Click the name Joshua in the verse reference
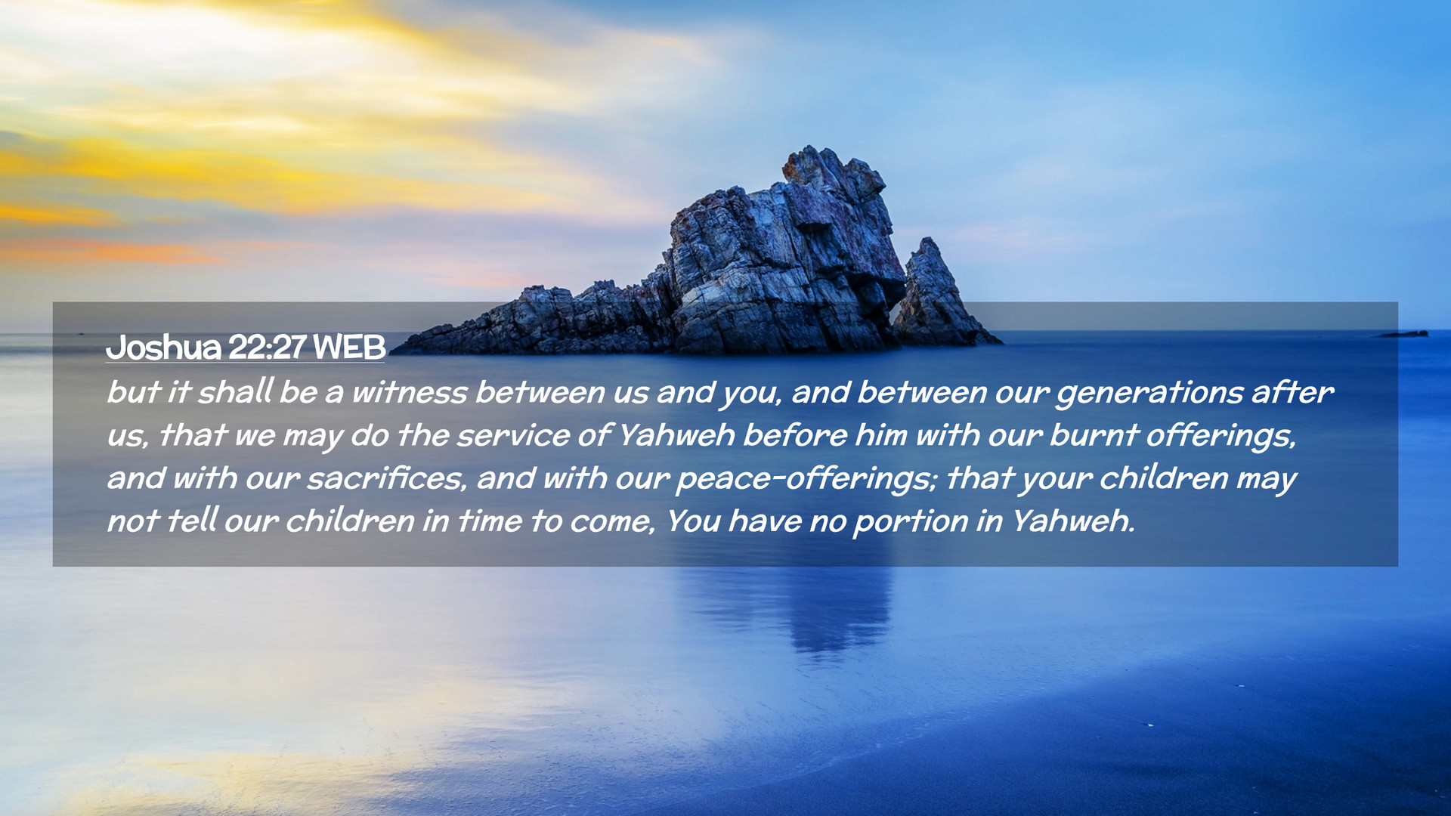pos(163,348)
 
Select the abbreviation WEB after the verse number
pos(348,348)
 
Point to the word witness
pos(410,392)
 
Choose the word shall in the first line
pos(235,391)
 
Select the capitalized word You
pos(693,521)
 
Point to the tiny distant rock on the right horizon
pos(1404,333)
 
